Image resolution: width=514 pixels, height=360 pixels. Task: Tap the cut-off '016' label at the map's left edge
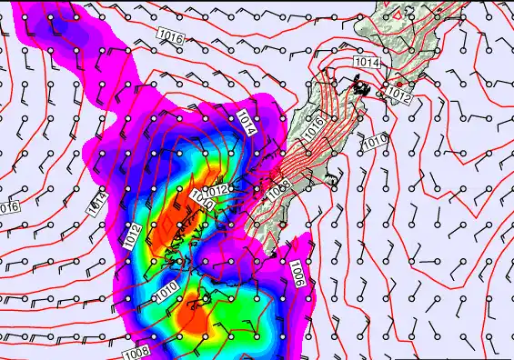click(8, 206)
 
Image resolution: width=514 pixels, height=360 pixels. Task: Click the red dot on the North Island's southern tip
click(398, 84)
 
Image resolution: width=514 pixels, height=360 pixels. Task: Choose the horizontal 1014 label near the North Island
click(366, 62)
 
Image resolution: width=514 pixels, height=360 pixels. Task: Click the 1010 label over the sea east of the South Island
click(374, 142)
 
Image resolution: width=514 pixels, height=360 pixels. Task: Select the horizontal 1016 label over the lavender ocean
click(169, 36)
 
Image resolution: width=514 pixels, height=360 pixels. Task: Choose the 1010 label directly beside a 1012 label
click(201, 201)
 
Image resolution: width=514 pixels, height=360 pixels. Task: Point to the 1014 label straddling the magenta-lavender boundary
click(97, 205)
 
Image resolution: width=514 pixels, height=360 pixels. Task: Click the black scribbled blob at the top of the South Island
click(362, 87)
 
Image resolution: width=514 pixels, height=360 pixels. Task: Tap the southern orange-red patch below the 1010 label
click(194, 320)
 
